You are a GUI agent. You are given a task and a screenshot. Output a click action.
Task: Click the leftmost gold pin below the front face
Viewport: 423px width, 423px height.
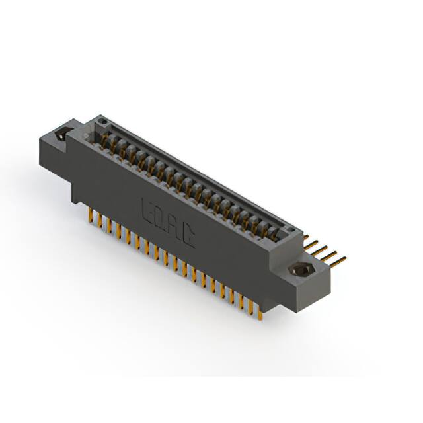89,214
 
